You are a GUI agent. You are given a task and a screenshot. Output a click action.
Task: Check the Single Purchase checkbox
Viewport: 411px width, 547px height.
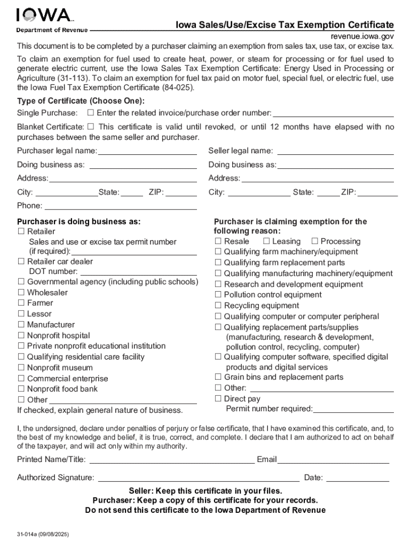click(90, 113)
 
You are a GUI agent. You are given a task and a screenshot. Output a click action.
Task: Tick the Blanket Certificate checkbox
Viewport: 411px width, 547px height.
click(90, 127)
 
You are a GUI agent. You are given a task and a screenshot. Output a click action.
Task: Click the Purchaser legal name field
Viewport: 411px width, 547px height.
click(147, 151)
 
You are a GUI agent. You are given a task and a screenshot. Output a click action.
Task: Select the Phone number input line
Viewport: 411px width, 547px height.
click(121, 206)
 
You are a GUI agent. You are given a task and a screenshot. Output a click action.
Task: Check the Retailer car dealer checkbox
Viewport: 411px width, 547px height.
click(21, 261)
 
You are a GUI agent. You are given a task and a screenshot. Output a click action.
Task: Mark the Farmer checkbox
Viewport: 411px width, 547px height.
click(21, 303)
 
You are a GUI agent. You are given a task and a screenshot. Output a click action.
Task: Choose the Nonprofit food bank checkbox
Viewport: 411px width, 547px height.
click(21, 389)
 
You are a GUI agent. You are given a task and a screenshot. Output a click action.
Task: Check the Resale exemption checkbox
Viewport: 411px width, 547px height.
click(218, 241)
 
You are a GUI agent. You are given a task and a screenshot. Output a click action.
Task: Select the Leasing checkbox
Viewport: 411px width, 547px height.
click(266, 241)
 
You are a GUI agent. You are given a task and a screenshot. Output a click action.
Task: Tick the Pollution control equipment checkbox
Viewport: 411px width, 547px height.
click(218, 294)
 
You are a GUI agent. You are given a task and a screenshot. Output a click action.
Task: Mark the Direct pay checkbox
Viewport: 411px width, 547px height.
click(218, 398)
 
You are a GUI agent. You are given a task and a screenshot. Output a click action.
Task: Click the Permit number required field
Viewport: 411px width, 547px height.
click(353, 410)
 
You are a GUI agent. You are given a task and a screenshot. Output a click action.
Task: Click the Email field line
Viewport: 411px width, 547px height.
click(333, 460)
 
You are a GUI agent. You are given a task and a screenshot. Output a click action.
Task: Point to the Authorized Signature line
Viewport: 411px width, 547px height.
click(198, 478)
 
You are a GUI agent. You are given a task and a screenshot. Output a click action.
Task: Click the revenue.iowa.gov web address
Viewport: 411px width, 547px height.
click(362, 36)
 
